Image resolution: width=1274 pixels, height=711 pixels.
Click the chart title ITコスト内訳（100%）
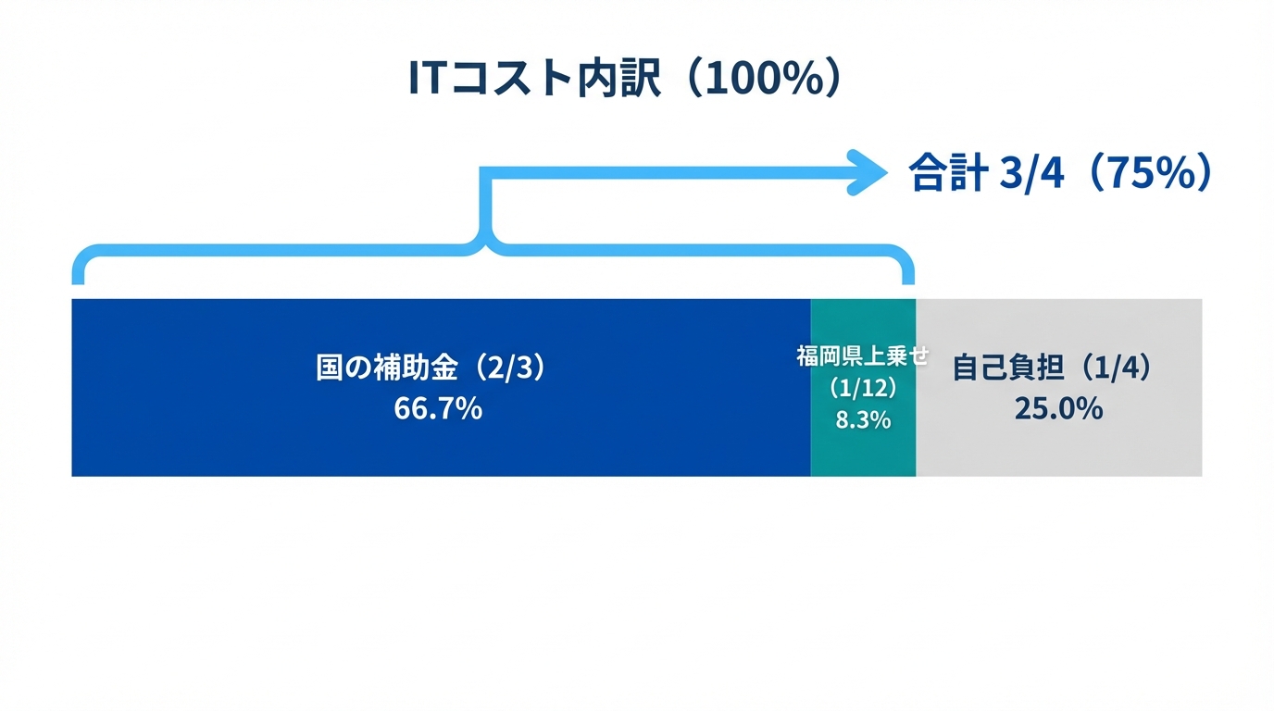(x=626, y=80)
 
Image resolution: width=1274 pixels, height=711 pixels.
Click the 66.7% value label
(x=438, y=408)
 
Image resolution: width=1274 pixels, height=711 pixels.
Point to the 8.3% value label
(x=863, y=419)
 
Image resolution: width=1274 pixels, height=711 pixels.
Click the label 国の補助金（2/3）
(x=432, y=368)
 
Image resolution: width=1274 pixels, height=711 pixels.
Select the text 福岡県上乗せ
(x=862, y=355)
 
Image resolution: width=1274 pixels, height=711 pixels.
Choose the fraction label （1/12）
(x=863, y=388)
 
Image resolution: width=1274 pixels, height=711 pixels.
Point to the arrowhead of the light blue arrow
(x=868, y=172)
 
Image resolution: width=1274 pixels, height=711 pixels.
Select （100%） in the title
(x=763, y=80)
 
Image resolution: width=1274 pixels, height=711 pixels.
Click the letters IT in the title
(x=428, y=80)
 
